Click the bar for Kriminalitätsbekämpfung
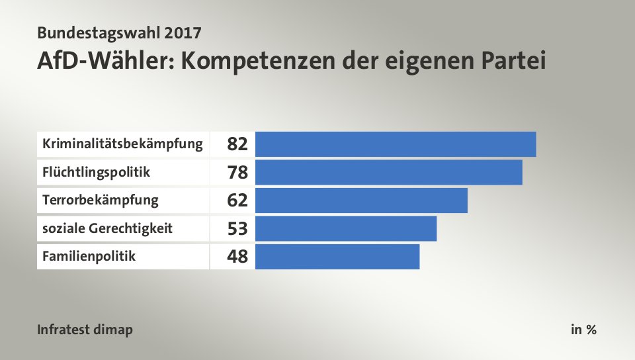pos(395,144)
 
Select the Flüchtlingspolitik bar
pos(388,172)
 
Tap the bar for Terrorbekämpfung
pos(361,200)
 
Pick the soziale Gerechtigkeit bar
pos(346,228)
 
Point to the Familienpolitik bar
pos(337,257)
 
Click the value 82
pos(237,144)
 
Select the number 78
pos(237,173)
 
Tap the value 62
pos(237,201)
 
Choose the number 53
pos(237,229)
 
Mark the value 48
pos(237,257)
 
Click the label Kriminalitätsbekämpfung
pos(122,144)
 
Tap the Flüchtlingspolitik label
pos(96,172)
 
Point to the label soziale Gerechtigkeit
pos(107,228)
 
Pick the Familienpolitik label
pos(89,256)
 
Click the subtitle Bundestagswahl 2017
pos(120,32)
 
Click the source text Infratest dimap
pos(85,329)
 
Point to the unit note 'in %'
pos(583,329)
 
